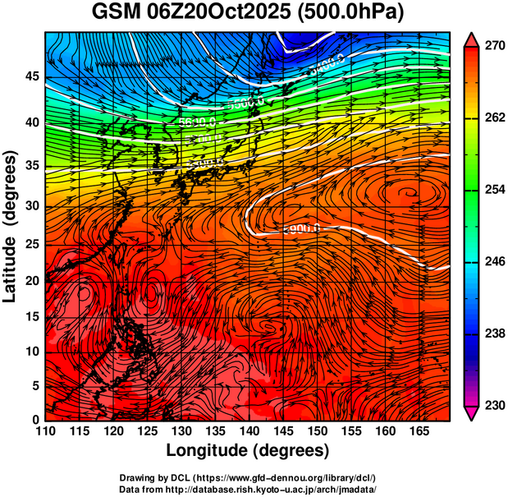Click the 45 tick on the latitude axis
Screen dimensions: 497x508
pyautogui.click(x=31, y=76)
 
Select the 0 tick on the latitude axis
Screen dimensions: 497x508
pyautogui.click(x=35, y=419)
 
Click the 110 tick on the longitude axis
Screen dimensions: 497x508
pyautogui.click(x=45, y=431)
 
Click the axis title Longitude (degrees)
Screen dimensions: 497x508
pyautogui.click(x=248, y=450)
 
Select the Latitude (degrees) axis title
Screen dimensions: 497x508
pyautogui.click(x=11, y=227)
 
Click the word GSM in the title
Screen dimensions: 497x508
pyautogui.click(x=115, y=14)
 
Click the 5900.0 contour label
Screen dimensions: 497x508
pyautogui.click(x=300, y=228)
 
